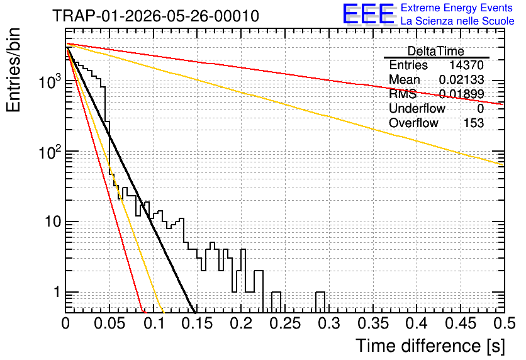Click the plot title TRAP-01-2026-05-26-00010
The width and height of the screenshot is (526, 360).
pos(155,16)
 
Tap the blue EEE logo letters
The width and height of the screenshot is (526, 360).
pos(369,14)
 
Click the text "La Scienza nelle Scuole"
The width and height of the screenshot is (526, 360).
pos(457,21)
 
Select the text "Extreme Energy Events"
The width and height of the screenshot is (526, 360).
pos(457,8)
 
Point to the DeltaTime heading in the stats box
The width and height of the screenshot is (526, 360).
pos(435,51)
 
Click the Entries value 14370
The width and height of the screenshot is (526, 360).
pos(466,65)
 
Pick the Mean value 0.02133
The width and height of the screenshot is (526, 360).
pos(461,79)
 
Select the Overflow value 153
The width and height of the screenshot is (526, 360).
pos(474,123)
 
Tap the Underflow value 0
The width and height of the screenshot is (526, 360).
pos(480,109)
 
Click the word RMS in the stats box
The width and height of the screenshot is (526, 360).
pos(402,94)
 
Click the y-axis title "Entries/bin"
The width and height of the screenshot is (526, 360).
pos(14,70)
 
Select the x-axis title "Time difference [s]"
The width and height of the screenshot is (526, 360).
pos(430,346)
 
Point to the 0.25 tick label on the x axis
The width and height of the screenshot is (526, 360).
pos(285,323)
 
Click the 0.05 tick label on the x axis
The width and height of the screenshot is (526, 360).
pos(109,323)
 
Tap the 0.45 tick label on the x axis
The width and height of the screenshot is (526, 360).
pos(461,323)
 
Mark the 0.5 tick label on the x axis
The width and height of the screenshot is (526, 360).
pos(504,323)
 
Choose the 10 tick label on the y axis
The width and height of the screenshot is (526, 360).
pos(52,222)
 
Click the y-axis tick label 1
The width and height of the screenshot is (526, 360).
pos(57,292)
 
